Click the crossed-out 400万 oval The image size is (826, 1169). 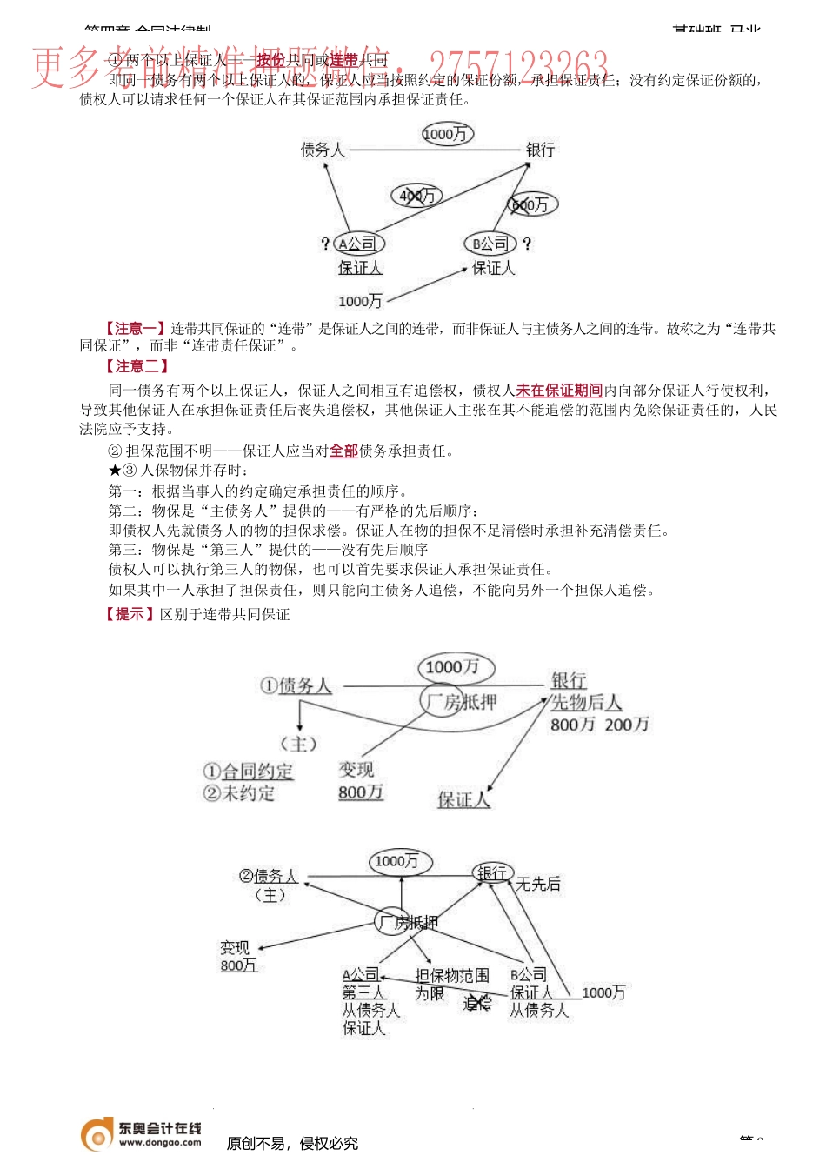point(416,196)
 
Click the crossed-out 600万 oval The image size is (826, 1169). point(531,204)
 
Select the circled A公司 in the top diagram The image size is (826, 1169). point(359,244)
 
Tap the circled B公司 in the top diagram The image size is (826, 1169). point(490,244)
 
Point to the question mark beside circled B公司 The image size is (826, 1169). point(527,244)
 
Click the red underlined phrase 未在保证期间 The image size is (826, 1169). point(559,391)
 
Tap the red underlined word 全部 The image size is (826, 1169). point(343,451)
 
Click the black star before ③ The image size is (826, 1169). point(115,471)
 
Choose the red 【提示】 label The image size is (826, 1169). point(130,614)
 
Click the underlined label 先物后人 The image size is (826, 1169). point(586,702)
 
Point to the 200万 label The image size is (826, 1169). point(627,724)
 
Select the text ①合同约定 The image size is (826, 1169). point(248,772)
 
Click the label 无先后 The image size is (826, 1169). point(538,884)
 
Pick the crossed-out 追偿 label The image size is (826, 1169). point(477,1004)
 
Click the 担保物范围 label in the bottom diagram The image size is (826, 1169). point(451,976)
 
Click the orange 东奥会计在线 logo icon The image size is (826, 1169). point(97,1133)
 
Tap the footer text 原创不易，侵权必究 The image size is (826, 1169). point(292,1143)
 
